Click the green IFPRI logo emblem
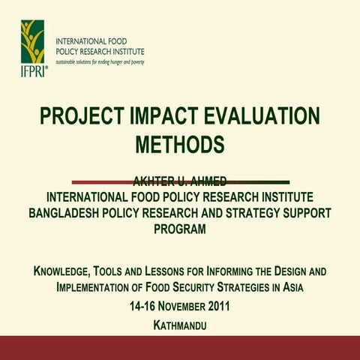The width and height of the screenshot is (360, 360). tap(33, 41)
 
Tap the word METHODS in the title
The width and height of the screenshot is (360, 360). tap(180, 143)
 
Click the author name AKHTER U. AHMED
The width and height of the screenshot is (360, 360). tap(179, 180)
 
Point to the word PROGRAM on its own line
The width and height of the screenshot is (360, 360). tap(179, 229)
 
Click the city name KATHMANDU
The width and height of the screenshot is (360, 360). tap(179, 325)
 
